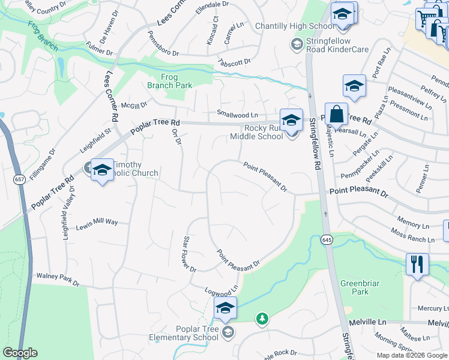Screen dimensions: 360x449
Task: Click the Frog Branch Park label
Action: [170, 81]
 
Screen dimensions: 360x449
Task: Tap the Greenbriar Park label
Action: [354, 287]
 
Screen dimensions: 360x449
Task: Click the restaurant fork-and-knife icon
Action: [417, 264]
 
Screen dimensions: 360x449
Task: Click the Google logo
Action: [20, 353]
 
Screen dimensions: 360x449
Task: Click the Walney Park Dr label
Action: [58, 279]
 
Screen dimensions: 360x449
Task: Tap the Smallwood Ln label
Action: [237, 115]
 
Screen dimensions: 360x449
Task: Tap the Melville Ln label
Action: [373, 322]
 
